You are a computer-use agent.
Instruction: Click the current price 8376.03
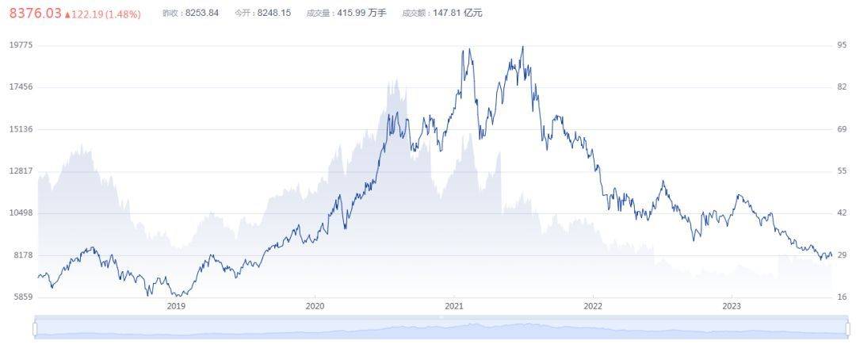pos(35,13)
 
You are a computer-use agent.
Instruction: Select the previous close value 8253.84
pos(201,13)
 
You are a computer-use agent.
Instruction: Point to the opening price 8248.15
pos(274,13)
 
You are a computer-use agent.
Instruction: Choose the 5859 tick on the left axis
pos(22,297)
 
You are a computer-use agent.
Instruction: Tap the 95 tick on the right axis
pos(843,45)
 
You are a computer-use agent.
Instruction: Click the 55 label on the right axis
pos(843,171)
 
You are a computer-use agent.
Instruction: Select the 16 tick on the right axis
pos(843,297)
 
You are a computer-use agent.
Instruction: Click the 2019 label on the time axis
pos(176,306)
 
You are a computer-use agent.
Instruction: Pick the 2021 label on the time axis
pos(454,306)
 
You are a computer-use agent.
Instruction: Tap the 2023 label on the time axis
pos(732,306)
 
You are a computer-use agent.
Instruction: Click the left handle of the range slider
pos(36,328)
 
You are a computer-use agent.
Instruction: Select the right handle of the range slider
pos(847,328)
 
